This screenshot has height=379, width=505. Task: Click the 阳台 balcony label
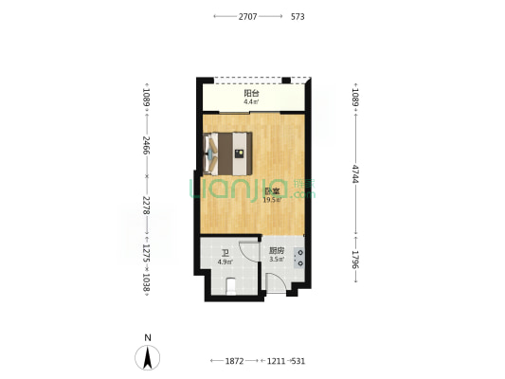[x=251, y=94]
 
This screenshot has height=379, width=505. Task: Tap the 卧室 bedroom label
[x=272, y=191]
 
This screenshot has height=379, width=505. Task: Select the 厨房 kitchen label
[x=277, y=250]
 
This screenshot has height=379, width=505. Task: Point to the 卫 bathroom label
[x=225, y=254]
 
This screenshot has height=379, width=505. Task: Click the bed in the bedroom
[x=228, y=153]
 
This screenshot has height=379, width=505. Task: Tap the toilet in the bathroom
[x=231, y=286]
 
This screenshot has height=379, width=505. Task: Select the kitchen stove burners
[x=299, y=259]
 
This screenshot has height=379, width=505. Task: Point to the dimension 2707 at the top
[x=247, y=17]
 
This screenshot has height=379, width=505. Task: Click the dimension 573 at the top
[x=298, y=17]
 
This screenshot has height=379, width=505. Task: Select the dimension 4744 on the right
[x=355, y=174]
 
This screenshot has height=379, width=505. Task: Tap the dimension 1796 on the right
[x=355, y=260]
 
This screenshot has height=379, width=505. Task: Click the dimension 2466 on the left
[x=147, y=145]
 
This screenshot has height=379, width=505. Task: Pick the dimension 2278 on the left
[x=147, y=206]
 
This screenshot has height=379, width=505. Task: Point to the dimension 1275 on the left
[x=147, y=253]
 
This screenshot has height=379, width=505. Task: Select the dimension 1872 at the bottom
[x=234, y=361]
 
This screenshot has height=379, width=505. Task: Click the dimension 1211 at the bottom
[x=277, y=361]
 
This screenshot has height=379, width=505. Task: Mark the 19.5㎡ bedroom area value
[x=273, y=200]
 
